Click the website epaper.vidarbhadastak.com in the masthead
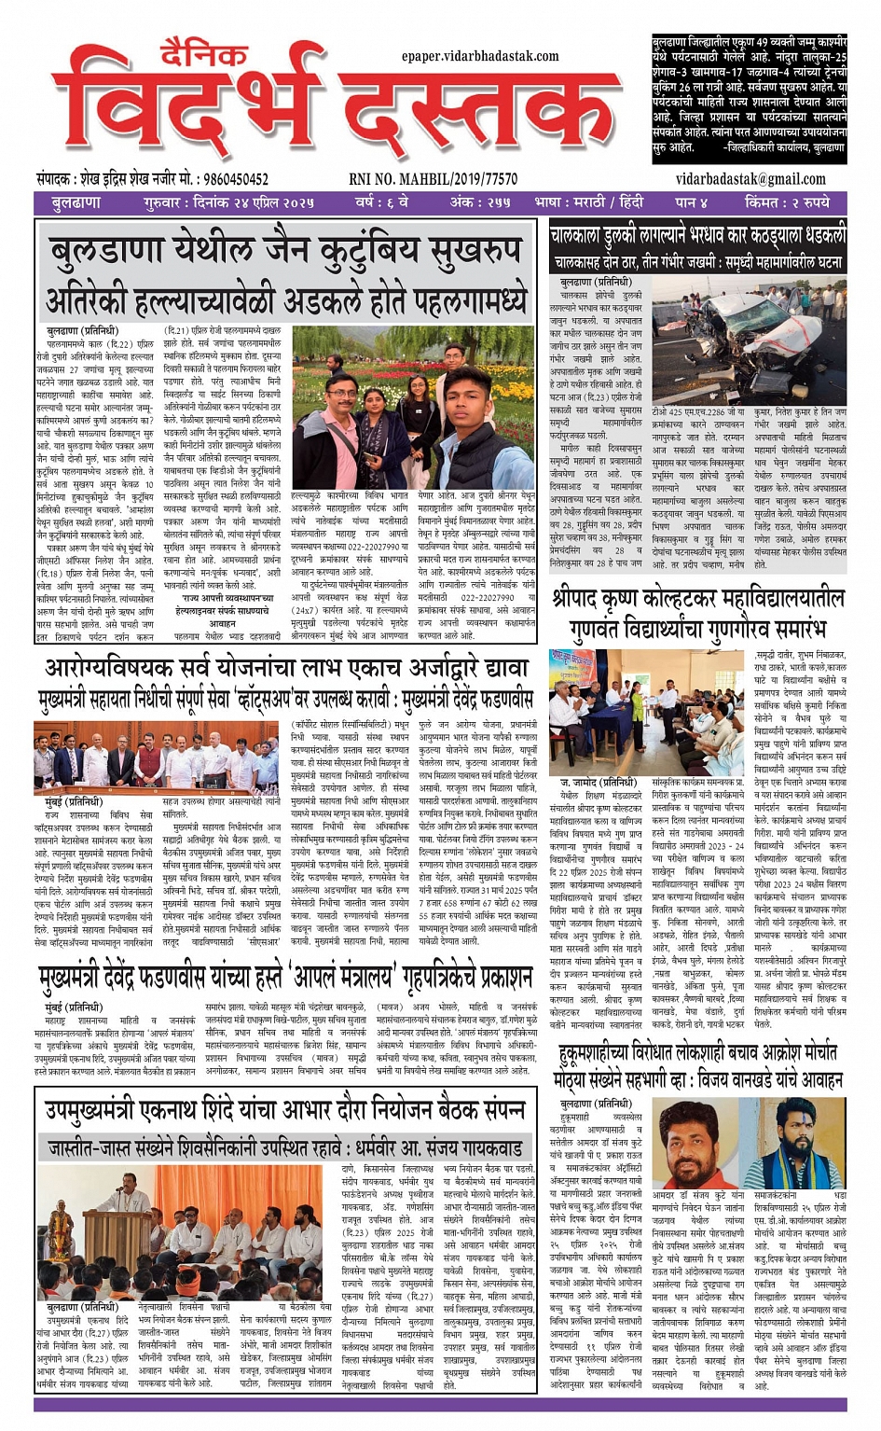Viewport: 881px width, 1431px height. [x=480, y=57]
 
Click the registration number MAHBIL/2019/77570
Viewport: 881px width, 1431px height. [x=434, y=179]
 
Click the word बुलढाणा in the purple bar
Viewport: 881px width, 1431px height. [x=76, y=202]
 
